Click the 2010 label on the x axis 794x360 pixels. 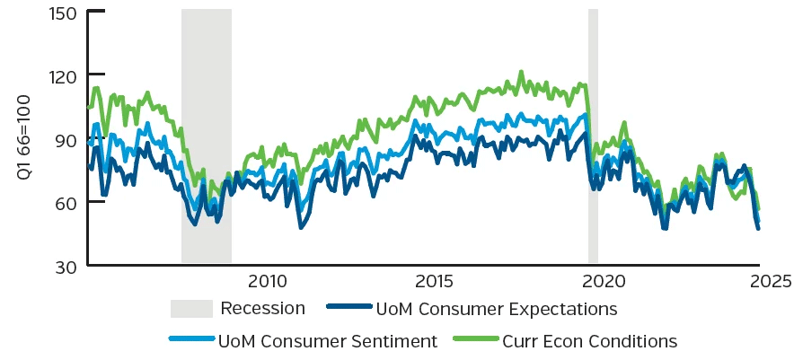pos(269,281)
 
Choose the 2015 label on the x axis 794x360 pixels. pos(434,281)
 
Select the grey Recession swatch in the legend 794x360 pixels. pos(192,308)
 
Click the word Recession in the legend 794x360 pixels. pos(263,308)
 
